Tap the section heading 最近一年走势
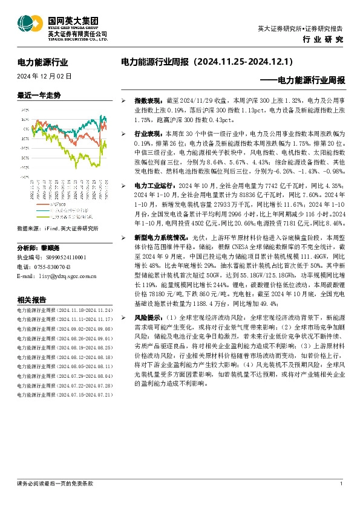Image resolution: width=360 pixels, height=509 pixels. click(40, 96)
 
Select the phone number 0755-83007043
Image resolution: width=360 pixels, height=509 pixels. click(51, 267)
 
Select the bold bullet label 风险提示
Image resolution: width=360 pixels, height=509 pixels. click(147, 317)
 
